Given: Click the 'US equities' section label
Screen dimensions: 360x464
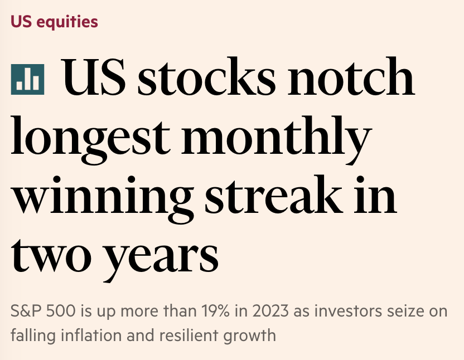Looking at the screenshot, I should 54,22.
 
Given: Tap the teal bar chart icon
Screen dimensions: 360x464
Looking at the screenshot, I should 27,79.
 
